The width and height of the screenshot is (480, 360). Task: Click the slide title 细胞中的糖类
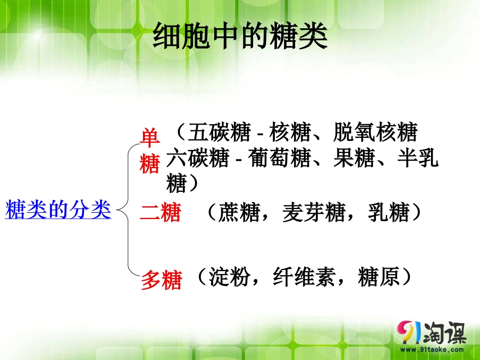click(x=240, y=36)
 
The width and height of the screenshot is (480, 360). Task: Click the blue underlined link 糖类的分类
click(x=58, y=210)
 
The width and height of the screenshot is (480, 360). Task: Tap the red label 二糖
click(x=160, y=214)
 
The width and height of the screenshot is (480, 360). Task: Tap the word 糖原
click(x=378, y=277)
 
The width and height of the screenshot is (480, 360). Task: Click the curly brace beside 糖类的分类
click(x=126, y=210)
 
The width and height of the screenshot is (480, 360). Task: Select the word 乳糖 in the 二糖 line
click(x=388, y=213)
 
